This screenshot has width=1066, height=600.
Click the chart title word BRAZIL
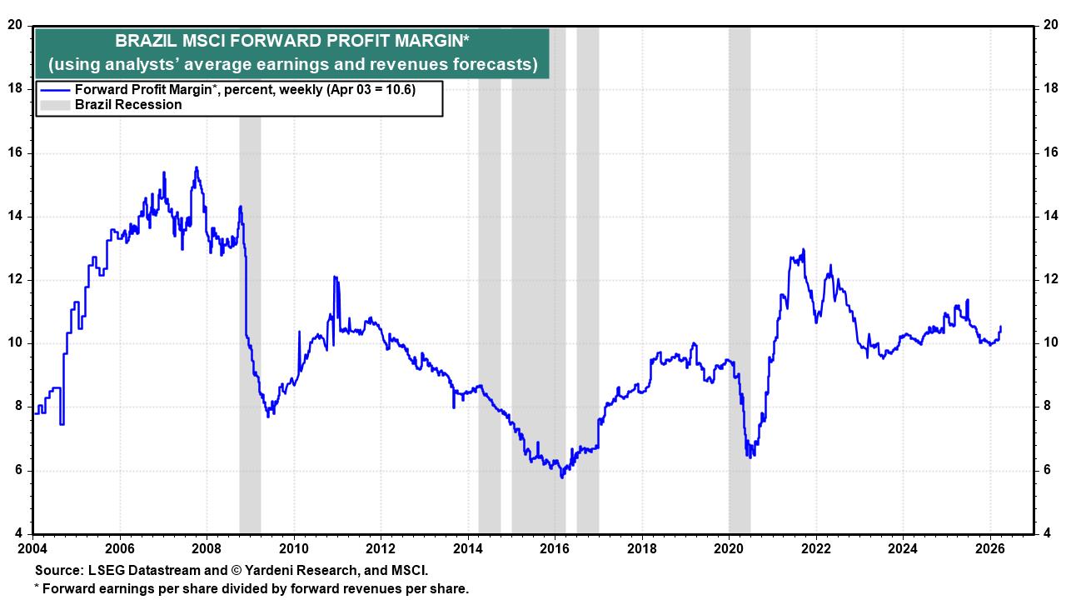pos(142,41)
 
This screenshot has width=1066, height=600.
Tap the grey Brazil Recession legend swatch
pos(55,105)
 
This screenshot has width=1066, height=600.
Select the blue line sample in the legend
pos(55,90)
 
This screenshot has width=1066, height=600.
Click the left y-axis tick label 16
pos(15,152)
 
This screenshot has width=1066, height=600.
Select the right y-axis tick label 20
pos(1050,25)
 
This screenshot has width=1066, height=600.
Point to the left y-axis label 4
pos(18,533)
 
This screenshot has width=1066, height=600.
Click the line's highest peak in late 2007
pos(197,167)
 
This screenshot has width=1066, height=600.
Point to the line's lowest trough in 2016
pos(562,477)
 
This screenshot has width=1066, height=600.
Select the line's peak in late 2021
pos(803,249)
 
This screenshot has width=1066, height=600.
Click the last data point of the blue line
pos(1000,327)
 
